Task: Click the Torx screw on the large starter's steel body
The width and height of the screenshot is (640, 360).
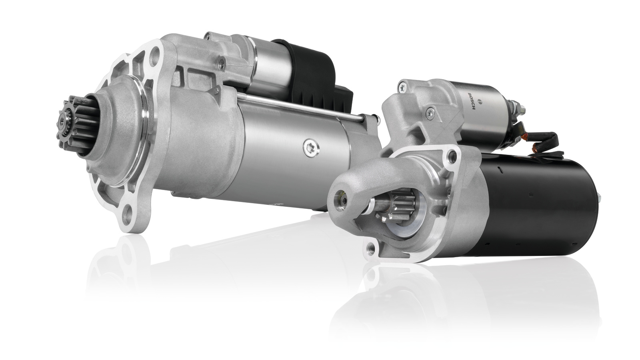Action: coord(312,148)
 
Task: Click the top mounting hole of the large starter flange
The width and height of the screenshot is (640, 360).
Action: coord(154,53)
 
